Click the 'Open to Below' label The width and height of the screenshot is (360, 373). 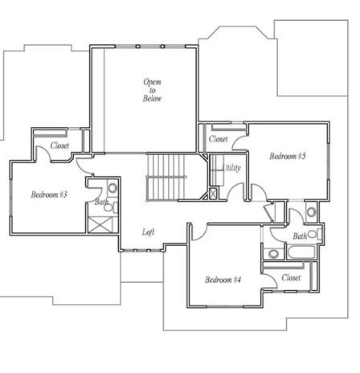153,89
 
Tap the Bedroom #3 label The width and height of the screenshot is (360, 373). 49,195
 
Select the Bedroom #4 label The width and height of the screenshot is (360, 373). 223,280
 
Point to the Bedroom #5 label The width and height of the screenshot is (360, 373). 287,156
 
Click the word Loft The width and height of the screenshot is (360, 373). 148,232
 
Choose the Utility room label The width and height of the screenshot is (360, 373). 231,168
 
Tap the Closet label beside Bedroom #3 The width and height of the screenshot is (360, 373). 59,146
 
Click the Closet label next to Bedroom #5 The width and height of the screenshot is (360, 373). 218,139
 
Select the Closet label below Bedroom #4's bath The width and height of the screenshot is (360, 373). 292,277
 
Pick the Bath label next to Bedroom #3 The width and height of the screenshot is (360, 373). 101,203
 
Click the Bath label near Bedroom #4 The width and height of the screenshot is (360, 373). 300,236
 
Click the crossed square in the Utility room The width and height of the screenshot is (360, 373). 214,193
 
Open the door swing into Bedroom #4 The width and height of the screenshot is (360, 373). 199,232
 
